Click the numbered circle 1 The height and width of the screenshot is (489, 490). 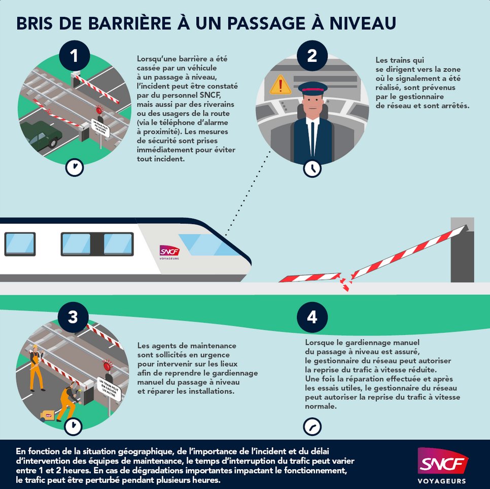coord(74,55)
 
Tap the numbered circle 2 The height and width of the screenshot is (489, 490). coord(312,55)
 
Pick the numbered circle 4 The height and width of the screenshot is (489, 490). coord(312,317)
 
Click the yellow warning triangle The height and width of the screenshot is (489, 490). coord(281,85)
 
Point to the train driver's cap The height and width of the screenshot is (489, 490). coord(312,89)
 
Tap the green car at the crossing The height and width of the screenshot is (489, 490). coord(43,133)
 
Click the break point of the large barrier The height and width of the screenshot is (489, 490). coord(345,281)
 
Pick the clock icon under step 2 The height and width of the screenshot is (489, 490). coord(312,168)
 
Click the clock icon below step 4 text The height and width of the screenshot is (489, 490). coord(312,426)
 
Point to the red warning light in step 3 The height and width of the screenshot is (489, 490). coord(107,365)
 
